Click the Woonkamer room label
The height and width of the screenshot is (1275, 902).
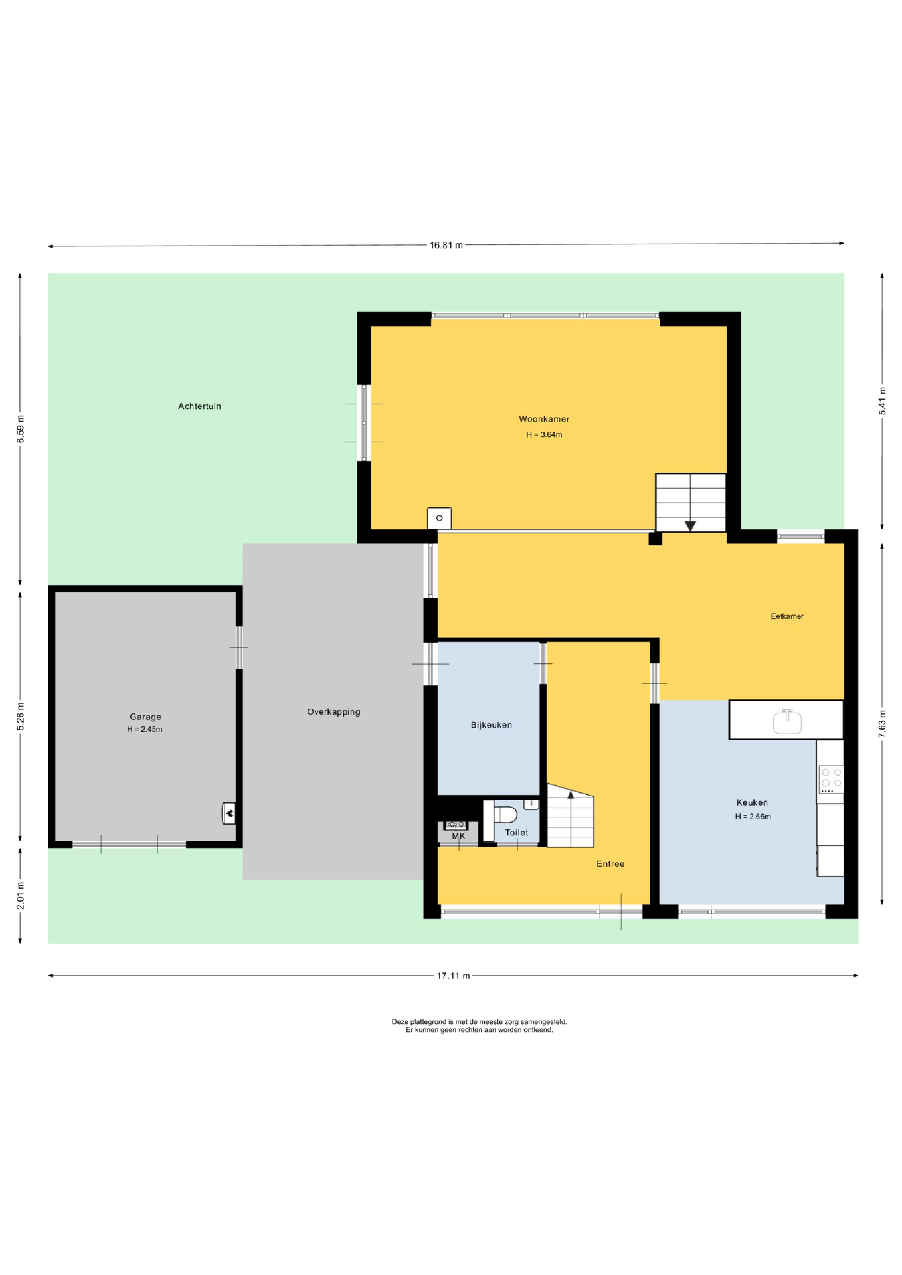click(544, 419)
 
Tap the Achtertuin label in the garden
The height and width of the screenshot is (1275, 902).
click(199, 406)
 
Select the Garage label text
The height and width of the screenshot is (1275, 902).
click(145, 717)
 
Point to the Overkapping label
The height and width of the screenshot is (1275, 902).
click(333, 712)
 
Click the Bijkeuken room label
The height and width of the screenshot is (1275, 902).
click(492, 725)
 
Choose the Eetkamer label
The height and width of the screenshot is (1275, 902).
click(787, 616)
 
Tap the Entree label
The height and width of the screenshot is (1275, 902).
click(610, 864)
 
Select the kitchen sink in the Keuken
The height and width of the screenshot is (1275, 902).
click(788, 722)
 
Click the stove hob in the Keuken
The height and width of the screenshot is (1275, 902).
click(831, 780)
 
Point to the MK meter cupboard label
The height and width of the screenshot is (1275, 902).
click(458, 836)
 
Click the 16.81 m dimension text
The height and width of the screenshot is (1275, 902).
click(446, 245)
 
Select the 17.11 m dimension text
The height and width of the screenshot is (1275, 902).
click(453, 976)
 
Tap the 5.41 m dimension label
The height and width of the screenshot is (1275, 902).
click(883, 401)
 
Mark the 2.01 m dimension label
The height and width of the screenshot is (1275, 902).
click(20, 895)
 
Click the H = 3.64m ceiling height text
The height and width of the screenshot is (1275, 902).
click(544, 435)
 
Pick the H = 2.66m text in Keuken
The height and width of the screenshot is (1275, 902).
click(753, 817)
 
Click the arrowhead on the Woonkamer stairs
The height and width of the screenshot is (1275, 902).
click(690, 526)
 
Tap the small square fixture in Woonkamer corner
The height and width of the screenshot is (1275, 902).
click(439, 518)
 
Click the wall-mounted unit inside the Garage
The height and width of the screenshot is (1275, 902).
click(228, 813)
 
